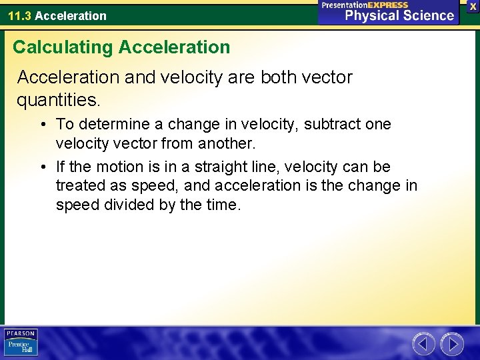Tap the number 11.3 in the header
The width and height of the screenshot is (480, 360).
coord(19,15)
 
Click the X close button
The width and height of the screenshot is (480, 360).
coord(473,6)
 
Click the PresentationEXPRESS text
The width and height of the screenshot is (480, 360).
coord(365,5)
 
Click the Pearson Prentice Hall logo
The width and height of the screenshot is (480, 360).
coord(21,343)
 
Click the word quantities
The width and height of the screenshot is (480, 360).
coord(59,100)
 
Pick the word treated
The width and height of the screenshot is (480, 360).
coord(80,185)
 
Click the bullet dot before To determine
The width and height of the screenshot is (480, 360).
coord(42,125)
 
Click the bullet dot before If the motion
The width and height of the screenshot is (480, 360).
coord(42,167)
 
